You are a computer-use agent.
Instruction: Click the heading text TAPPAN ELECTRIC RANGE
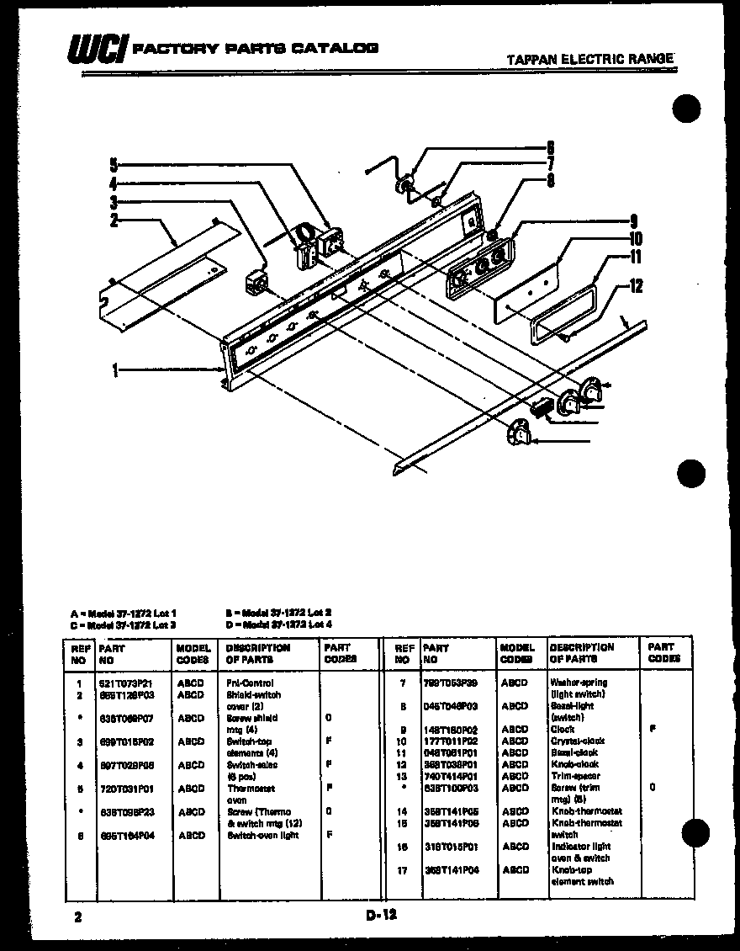[591, 59]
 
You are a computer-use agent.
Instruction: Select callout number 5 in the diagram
[114, 165]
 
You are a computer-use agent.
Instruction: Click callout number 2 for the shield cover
[114, 222]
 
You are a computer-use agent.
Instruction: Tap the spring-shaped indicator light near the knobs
[542, 406]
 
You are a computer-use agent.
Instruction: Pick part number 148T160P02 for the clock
[450, 730]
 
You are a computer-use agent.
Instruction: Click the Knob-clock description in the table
[574, 764]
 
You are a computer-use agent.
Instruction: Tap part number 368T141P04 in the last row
[450, 870]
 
